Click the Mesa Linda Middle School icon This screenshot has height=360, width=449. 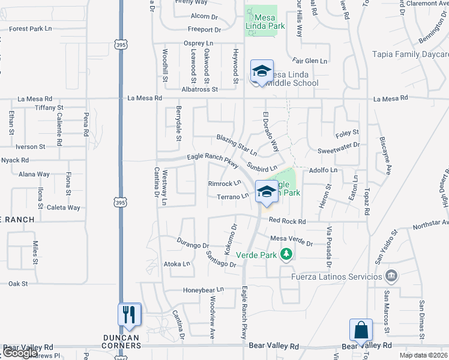click(262, 71)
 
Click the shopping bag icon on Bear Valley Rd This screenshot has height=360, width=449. click(361, 330)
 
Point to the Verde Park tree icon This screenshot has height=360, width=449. click(286, 255)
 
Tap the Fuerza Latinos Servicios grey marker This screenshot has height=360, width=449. click(391, 277)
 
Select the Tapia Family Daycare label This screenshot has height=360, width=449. click(410, 54)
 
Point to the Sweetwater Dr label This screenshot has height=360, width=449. click(339, 145)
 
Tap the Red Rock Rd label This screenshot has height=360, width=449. click(288, 221)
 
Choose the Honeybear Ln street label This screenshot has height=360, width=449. click(203, 290)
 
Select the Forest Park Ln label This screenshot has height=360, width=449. click(31, 28)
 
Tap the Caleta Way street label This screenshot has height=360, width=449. click(64, 208)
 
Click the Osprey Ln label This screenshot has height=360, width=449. click(198, 43)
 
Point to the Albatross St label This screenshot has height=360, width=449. click(199, 89)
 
